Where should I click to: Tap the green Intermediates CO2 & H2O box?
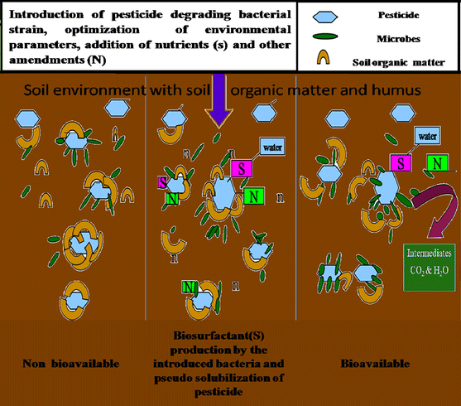[429, 263]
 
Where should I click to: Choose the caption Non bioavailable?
[70, 361]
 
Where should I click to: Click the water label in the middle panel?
[274, 147]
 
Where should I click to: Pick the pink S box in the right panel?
[402, 162]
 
